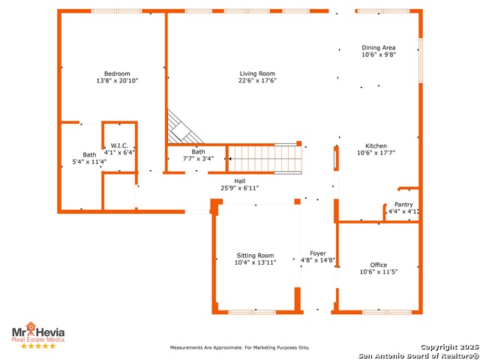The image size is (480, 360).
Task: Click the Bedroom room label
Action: pyautogui.click(x=117, y=73)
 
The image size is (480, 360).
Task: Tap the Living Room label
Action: pyautogui.click(x=257, y=73)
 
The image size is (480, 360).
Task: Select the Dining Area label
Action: pyautogui.click(x=378, y=48)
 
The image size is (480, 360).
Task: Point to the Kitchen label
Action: pyautogui.click(x=376, y=146)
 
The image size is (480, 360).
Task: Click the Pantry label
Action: pyautogui.click(x=403, y=205)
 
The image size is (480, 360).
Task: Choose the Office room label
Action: pyautogui.click(x=378, y=265)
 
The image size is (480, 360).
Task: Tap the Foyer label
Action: pyautogui.click(x=318, y=253)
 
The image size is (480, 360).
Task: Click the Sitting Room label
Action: pyautogui.click(x=255, y=256)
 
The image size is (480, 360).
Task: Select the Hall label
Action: pyautogui.click(x=240, y=181)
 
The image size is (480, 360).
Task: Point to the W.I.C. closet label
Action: pyautogui.click(x=119, y=145)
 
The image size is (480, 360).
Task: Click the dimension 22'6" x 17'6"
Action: pyautogui.click(x=257, y=80)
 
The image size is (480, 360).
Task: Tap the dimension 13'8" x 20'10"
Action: pyautogui.click(x=117, y=81)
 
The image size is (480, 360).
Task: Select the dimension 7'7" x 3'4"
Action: pyautogui.click(x=198, y=159)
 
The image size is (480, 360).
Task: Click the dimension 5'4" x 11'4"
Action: pyautogui.click(x=89, y=162)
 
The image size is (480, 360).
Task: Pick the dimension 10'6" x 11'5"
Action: pyautogui.click(x=378, y=271)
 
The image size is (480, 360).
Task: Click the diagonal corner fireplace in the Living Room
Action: pyautogui.click(x=183, y=129)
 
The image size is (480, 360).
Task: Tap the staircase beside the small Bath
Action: pyautogui.click(x=265, y=159)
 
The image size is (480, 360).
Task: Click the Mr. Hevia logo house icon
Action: pyautogui.click(x=31, y=326)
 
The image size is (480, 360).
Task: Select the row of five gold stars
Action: pyautogui.click(x=38, y=346)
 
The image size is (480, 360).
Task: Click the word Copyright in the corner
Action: pyautogui.click(x=439, y=347)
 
